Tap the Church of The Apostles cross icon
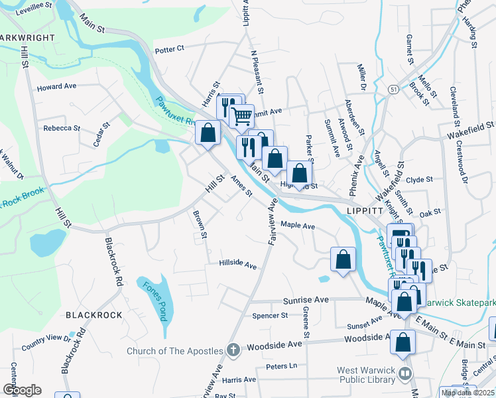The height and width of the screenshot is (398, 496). (x=233, y=350)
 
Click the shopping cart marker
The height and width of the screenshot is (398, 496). (x=242, y=116)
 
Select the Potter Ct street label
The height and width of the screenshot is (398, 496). (x=168, y=49)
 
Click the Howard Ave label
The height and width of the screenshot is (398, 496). (x=57, y=87)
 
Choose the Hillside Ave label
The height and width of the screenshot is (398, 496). (x=238, y=266)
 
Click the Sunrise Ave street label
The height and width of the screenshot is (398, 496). (x=306, y=300)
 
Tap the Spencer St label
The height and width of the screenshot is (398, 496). (x=270, y=315)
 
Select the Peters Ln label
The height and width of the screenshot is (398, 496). (x=281, y=365)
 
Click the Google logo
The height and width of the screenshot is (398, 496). (x=22, y=390)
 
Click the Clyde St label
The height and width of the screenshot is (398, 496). (x=419, y=179)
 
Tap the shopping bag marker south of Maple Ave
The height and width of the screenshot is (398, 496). (x=343, y=259)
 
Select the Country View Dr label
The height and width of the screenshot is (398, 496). (x=46, y=343)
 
